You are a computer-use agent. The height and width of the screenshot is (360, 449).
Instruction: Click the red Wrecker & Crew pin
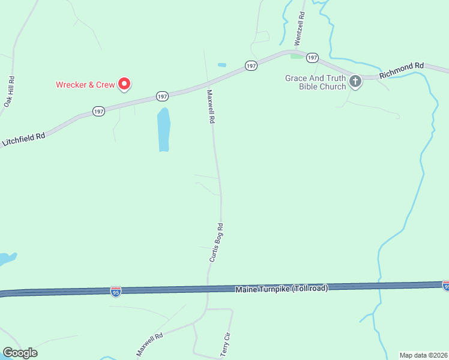(124, 84)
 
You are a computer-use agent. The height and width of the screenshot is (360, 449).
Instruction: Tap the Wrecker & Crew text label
(85, 85)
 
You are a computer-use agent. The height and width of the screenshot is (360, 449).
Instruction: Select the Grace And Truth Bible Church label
(316, 82)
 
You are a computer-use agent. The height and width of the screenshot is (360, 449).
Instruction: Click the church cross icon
(355, 82)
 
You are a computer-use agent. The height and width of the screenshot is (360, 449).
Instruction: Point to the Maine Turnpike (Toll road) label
(282, 289)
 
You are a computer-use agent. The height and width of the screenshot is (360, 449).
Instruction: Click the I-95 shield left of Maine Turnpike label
(116, 291)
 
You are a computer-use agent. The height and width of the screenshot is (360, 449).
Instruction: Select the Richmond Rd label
(402, 70)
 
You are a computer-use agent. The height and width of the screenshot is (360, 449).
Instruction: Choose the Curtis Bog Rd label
(216, 242)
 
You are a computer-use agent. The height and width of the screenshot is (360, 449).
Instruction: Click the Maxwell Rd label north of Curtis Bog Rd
(211, 107)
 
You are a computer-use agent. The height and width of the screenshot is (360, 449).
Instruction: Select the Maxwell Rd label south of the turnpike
(149, 346)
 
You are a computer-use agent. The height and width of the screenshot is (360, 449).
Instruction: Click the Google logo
(20, 353)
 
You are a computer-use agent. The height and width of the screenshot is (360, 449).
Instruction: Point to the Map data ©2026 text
(423, 355)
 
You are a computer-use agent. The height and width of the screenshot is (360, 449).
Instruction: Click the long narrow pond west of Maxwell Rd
(163, 130)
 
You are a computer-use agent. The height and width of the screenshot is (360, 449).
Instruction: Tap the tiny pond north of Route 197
(222, 65)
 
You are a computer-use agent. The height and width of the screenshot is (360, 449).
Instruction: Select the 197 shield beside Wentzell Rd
(312, 57)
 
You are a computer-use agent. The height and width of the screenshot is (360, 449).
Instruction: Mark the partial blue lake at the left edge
(6, 259)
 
